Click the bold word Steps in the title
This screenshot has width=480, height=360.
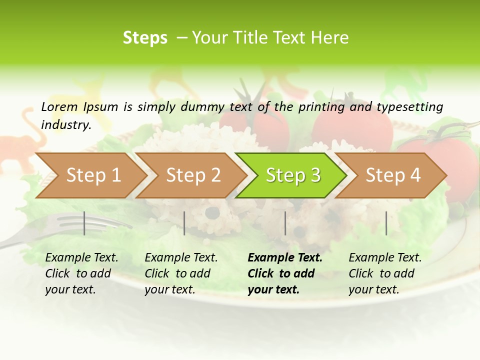[x=145, y=38]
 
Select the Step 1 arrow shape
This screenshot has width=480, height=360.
[x=93, y=175]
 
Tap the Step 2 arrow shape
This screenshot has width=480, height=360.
[x=193, y=175]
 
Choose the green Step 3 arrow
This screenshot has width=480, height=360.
[x=293, y=175]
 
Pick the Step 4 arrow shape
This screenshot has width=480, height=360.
[x=393, y=175]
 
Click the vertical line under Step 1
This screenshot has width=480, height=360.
[x=84, y=223]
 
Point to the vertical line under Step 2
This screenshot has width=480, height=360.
[x=184, y=223]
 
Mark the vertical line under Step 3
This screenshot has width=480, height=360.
[x=285, y=223]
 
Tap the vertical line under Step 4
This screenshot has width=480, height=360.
[x=386, y=223]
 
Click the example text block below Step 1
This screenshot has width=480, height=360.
[x=81, y=273]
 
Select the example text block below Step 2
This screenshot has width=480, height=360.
[x=181, y=273]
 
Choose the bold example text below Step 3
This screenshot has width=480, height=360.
[x=285, y=273]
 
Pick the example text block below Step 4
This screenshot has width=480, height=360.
[x=385, y=273]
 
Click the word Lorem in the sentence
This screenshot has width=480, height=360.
[x=59, y=106]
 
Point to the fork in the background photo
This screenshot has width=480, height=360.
[x=75, y=225]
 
